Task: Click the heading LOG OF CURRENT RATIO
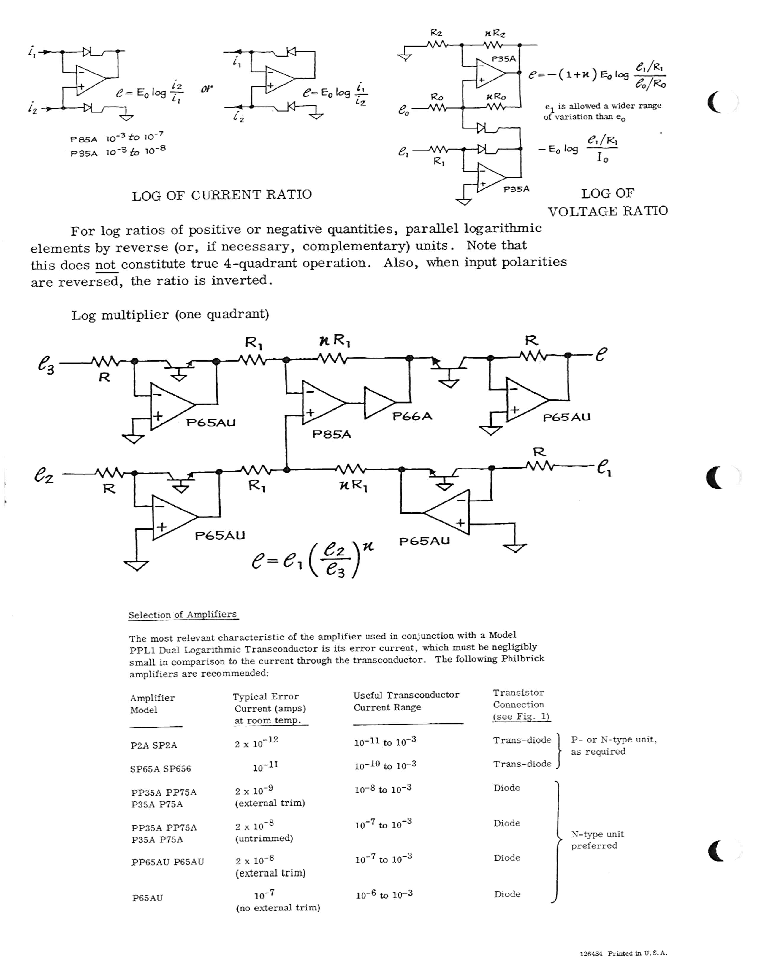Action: (221, 195)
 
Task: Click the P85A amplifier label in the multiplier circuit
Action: (332, 434)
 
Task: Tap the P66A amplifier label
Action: (412, 416)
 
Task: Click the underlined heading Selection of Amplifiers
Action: (183, 615)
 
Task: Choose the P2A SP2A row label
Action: (153, 745)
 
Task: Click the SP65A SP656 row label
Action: (160, 769)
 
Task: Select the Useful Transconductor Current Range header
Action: (406, 701)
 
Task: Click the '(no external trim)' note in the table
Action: (278, 908)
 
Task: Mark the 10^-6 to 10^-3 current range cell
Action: (384, 895)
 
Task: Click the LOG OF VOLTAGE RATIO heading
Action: (608, 202)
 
